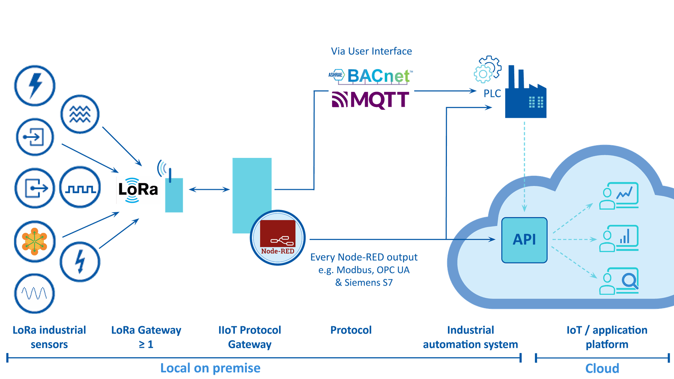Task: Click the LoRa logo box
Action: tap(138, 190)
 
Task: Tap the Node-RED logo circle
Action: tap(278, 238)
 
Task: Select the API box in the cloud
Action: tap(524, 240)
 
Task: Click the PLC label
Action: tap(492, 94)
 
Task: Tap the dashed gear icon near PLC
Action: tap(486, 70)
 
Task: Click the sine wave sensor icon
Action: tap(34, 293)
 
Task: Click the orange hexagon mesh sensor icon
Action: tap(34, 241)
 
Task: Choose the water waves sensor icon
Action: tap(80, 114)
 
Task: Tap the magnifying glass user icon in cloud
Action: tap(619, 281)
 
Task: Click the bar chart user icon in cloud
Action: tap(619, 239)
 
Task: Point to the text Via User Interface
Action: tap(371, 51)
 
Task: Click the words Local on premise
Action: tap(210, 368)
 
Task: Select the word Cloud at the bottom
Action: tap(602, 368)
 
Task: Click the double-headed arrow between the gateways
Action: tap(209, 189)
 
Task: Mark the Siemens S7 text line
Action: tap(364, 283)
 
